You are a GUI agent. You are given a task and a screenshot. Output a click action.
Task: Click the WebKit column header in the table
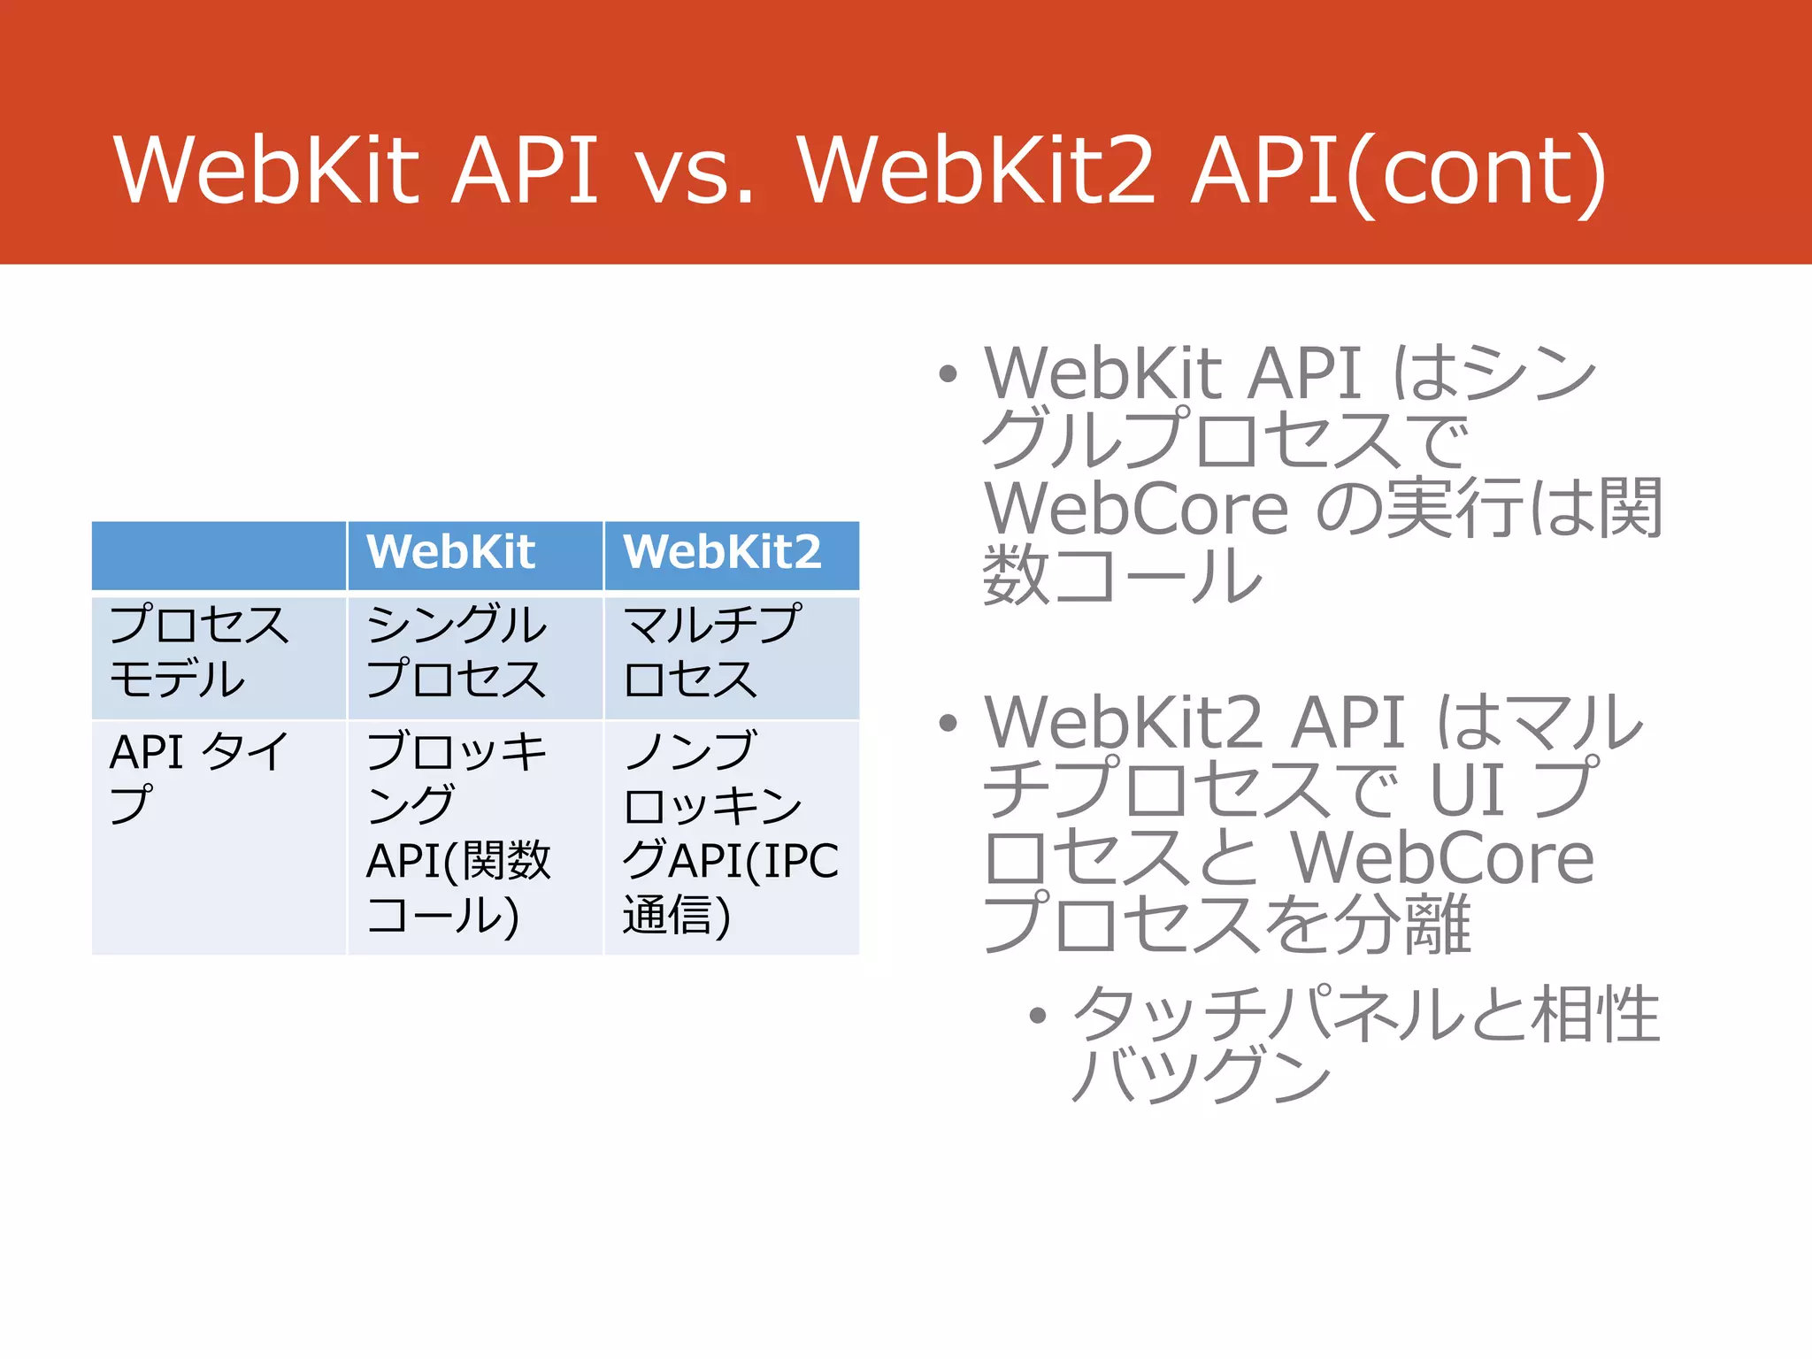click(x=451, y=553)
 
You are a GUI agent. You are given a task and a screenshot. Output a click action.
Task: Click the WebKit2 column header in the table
click(x=722, y=553)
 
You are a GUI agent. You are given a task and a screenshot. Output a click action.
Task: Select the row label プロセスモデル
click(x=199, y=652)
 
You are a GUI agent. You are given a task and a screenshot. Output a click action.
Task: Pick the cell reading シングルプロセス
click(x=457, y=652)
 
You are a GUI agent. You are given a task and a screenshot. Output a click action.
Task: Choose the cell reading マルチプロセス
click(x=712, y=652)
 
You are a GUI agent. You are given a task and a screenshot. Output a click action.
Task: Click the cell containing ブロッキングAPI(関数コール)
click(x=458, y=833)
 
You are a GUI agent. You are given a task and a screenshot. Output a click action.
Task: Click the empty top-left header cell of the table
click(x=219, y=555)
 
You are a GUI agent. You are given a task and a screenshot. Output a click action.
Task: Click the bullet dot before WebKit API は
click(x=948, y=374)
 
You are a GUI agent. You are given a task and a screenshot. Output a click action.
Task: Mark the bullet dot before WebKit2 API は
click(x=948, y=724)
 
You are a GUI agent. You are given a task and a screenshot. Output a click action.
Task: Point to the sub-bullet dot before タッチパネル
click(x=1038, y=1016)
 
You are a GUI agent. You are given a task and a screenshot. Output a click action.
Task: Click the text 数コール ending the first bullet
click(x=1122, y=575)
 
